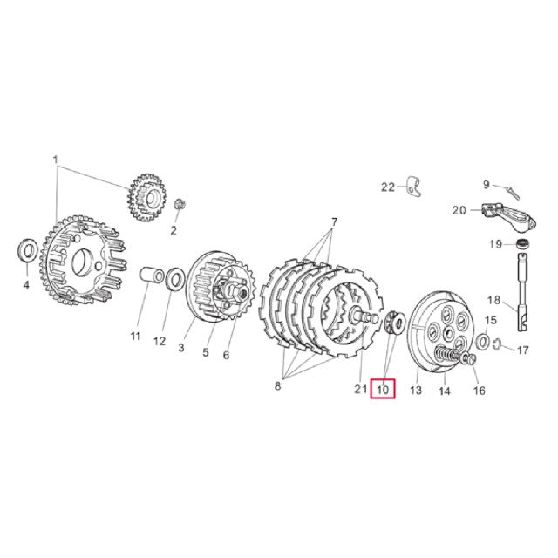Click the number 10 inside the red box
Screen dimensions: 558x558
pyautogui.click(x=383, y=390)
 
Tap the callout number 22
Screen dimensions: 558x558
pyautogui.click(x=388, y=187)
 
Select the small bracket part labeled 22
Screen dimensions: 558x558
pyautogui.click(x=413, y=186)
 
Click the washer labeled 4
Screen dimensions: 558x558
pyautogui.click(x=27, y=251)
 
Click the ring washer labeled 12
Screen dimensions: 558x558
pyautogui.click(x=174, y=279)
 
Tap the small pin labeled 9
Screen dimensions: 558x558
pyautogui.click(x=513, y=193)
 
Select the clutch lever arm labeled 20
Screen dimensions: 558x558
pyautogui.click(x=509, y=215)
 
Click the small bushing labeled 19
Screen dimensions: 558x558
pyautogui.click(x=522, y=244)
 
